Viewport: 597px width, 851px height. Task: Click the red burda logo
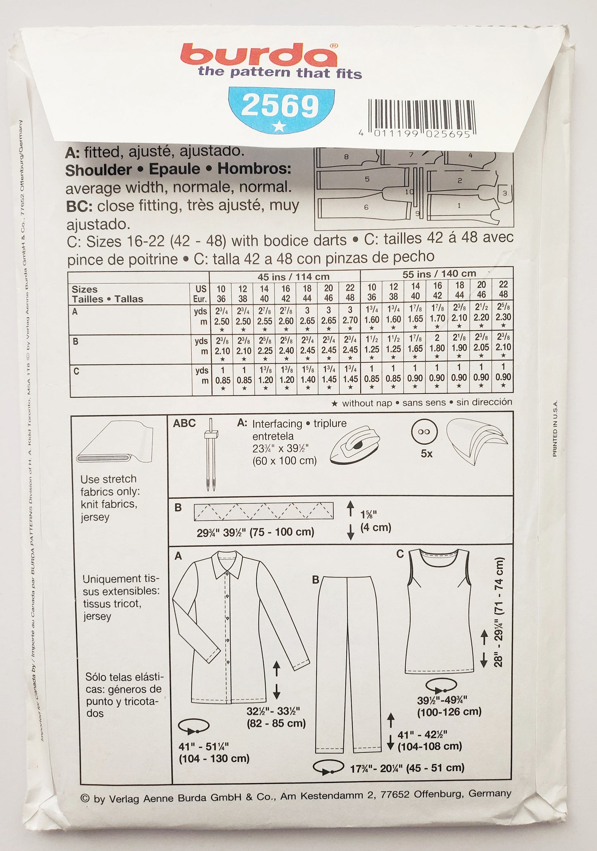pyautogui.click(x=258, y=55)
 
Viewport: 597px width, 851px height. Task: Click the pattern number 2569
pyautogui.click(x=280, y=106)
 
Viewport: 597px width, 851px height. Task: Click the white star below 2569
pyautogui.click(x=279, y=126)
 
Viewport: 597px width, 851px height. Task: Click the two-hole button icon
pyautogui.click(x=424, y=432)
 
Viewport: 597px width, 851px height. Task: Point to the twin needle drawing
pyautogui.click(x=211, y=454)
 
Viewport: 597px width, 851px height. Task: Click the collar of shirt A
pyautogui.click(x=226, y=564)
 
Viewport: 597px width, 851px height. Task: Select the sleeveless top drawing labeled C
pyautogui.click(x=439, y=611)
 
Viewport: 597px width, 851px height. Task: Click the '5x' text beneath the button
pyautogui.click(x=426, y=454)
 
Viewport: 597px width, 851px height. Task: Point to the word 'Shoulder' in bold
pyautogui.click(x=98, y=170)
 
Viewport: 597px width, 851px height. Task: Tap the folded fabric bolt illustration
pyautogui.click(x=115, y=443)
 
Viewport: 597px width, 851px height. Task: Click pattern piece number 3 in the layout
pyautogui.click(x=504, y=193)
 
